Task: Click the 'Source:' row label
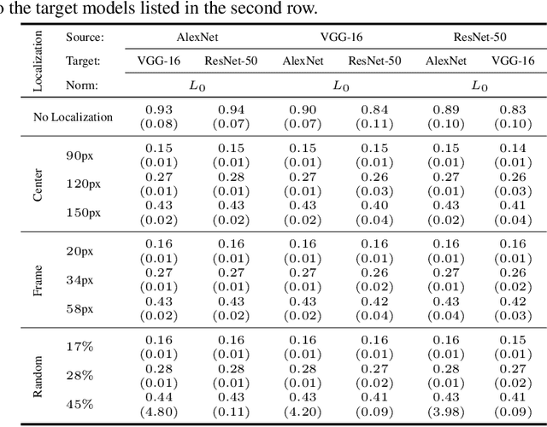click(85, 38)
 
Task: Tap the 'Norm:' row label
click(82, 85)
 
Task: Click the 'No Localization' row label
click(68, 117)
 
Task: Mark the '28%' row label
click(79, 376)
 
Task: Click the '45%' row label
click(79, 404)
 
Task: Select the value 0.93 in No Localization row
click(158, 111)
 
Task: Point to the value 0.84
click(374, 111)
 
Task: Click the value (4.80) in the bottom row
click(158, 411)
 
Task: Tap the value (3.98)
click(446, 411)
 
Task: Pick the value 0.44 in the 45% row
click(158, 398)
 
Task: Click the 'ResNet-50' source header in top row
click(481, 38)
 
